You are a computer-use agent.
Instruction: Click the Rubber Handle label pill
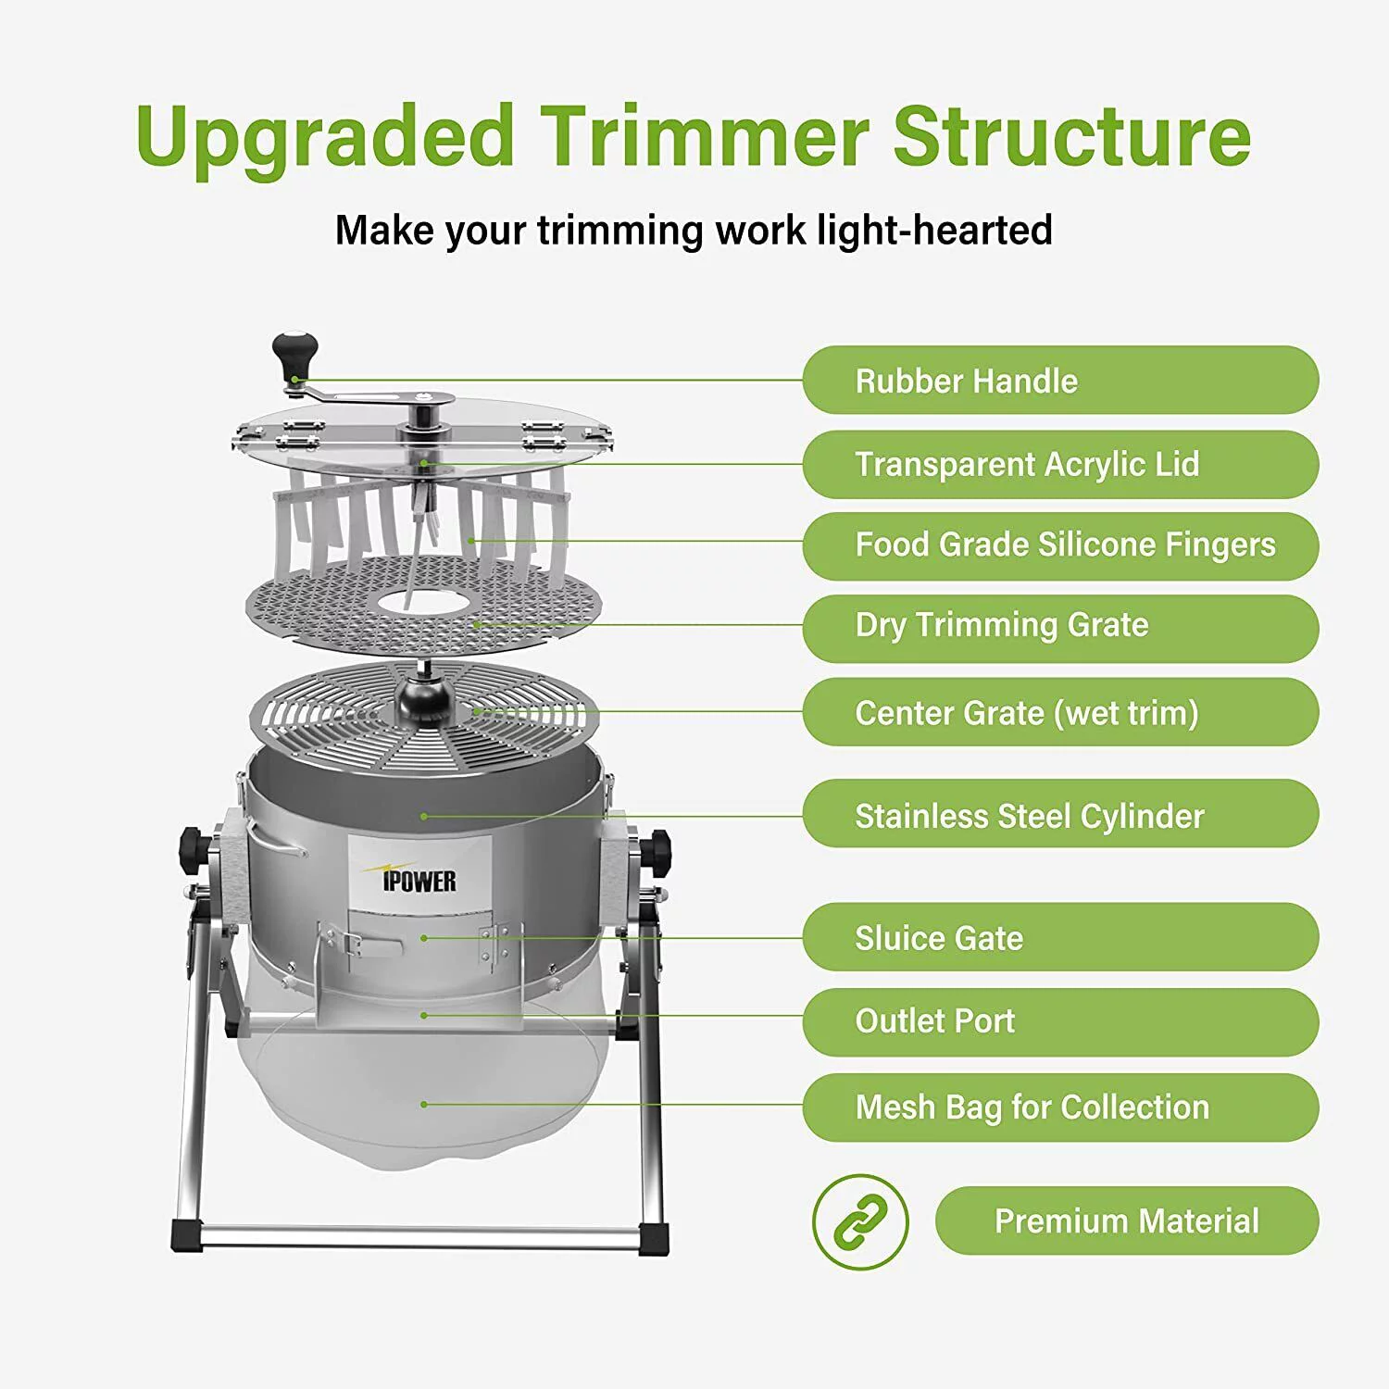[x=1059, y=381]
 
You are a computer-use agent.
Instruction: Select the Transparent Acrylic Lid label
[x=1059, y=464]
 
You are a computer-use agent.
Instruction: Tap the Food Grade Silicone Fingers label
[x=1059, y=545]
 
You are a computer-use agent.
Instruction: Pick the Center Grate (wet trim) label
[x=1059, y=712]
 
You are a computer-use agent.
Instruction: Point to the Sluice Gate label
[x=1059, y=937]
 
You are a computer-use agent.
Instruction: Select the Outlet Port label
[x=1059, y=1021]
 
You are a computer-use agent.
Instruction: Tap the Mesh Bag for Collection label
[x=1059, y=1107]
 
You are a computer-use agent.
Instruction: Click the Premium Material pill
[x=1126, y=1220]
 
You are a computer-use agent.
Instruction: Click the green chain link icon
[x=860, y=1221]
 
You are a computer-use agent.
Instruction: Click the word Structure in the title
[x=1071, y=137]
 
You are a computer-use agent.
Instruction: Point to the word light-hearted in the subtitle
[x=935, y=231]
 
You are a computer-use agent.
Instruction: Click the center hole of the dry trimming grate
[x=423, y=602]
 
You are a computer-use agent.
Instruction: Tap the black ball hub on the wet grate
[x=423, y=701]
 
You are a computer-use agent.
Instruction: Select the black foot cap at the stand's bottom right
[x=653, y=1237]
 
